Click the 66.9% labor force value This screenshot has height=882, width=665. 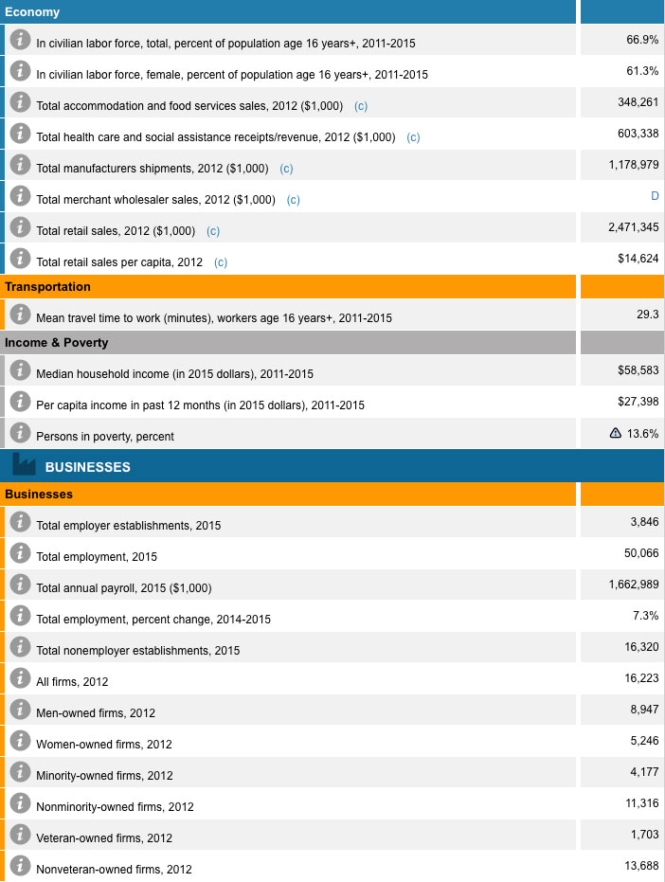(x=642, y=40)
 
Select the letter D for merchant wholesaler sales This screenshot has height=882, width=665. (x=655, y=196)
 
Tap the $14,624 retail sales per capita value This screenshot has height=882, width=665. (x=638, y=259)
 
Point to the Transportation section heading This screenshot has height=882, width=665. (x=48, y=287)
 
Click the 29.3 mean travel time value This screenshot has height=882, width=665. (x=648, y=315)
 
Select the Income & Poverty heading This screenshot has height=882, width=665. (x=57, y=343)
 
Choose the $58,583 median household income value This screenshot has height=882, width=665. (x=638, y=370)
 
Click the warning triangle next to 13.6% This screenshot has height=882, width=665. (x=616, y=433)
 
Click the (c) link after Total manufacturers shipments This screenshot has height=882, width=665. (x=287, y=169)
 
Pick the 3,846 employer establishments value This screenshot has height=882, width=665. (x=644, y=522)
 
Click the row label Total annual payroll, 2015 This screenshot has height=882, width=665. (x=123, y=588)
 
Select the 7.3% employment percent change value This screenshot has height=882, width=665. (x=645, y=616)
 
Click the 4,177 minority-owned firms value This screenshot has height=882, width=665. (x=644, y=772)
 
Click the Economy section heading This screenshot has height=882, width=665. (x=32, y=12)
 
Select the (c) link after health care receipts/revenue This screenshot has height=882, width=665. (x=413, y=137)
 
